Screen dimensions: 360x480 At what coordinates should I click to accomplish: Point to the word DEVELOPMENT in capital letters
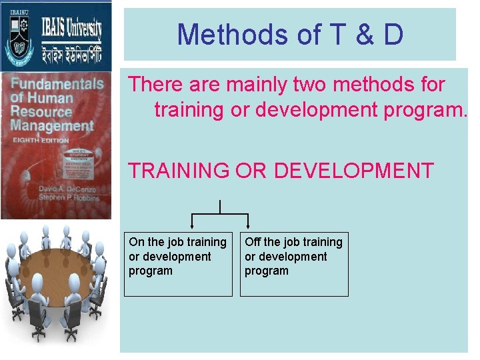pos(354,171)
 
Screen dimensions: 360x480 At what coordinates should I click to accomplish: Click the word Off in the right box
pos(253,242)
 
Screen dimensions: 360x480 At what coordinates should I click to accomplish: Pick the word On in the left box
pos(136,242)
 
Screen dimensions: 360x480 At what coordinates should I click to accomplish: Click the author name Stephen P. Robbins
pos(68,198)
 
